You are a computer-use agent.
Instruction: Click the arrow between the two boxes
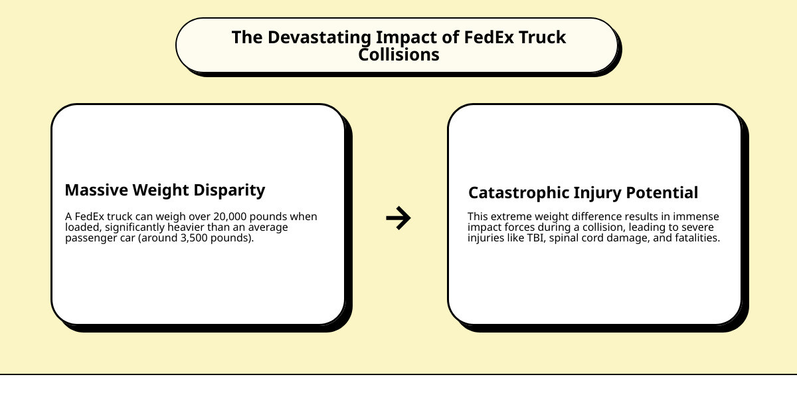point(398,218)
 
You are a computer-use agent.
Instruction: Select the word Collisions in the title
point(398,55)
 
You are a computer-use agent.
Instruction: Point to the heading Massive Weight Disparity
point(165,190)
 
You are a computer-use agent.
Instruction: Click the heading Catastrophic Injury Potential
point(583,193)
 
